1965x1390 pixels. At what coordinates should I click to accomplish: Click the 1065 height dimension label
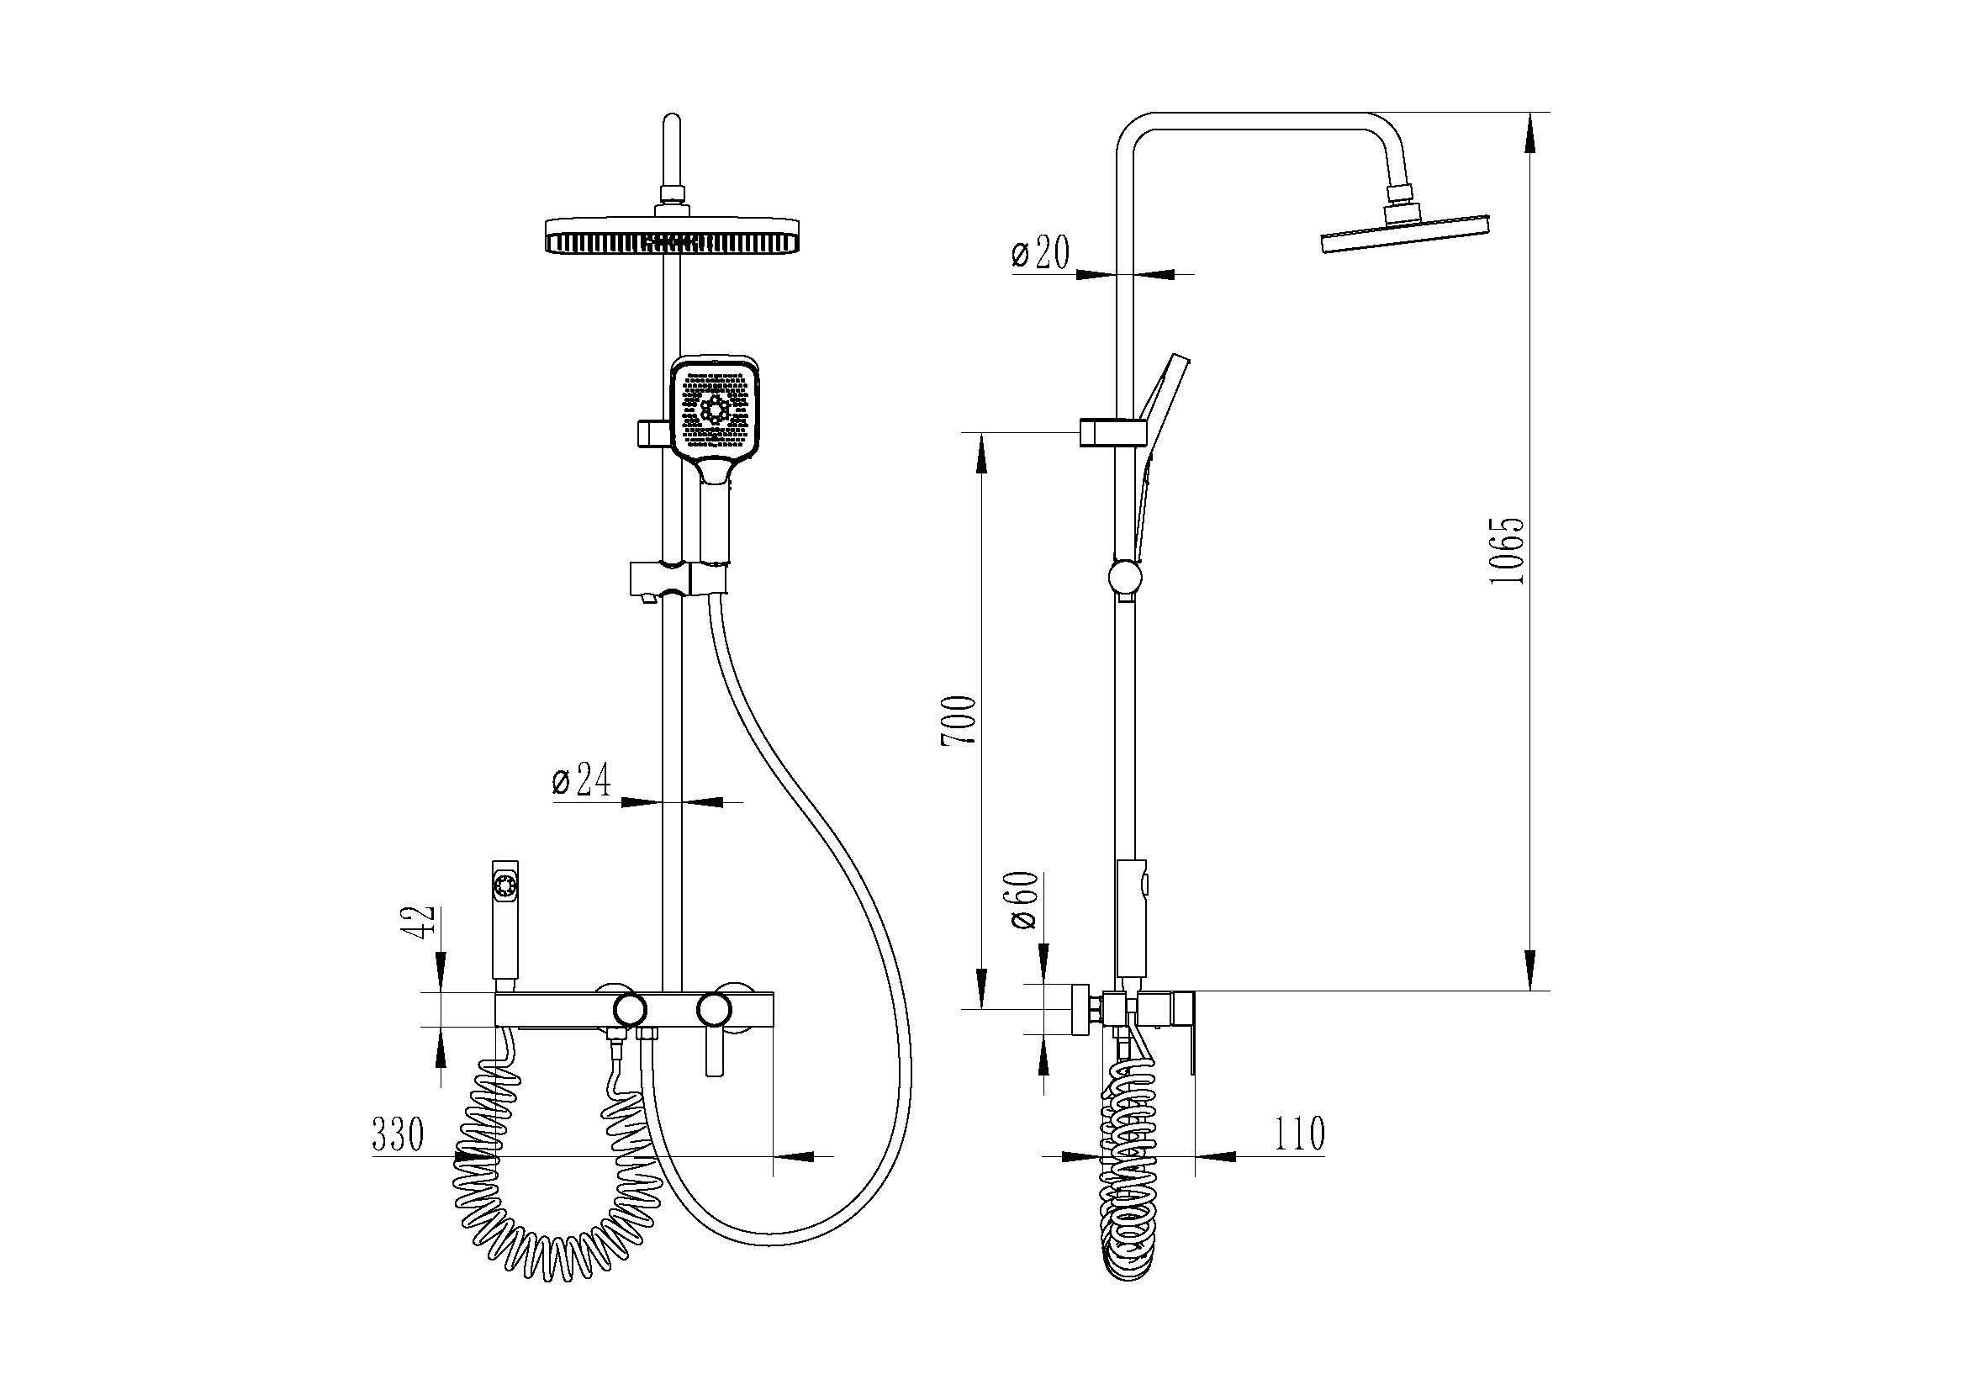[x=1507, y=550]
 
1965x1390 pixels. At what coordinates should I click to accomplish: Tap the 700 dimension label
[x=959, y=721]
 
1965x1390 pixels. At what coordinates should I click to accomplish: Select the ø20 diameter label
[x=1040, y=252]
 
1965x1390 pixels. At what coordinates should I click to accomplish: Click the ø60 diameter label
[x=1024, y=901]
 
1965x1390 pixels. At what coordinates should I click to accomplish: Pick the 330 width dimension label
[x=398, y=1135]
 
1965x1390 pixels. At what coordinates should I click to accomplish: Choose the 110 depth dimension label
[x=1300, y=1134]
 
